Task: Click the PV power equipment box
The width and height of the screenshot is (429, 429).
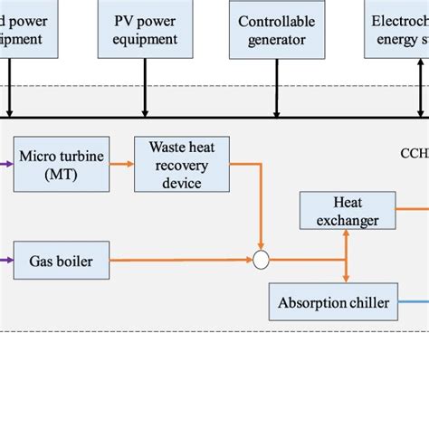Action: coord(144,29)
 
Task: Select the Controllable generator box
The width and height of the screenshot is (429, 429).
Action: coord(276,29)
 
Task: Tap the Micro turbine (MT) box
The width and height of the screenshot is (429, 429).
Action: coord(62,164)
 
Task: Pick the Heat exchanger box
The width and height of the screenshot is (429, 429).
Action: coord(348,209)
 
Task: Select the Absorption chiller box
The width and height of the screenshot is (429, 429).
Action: coord(334,301)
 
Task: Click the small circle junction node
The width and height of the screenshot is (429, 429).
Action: coord(262,261)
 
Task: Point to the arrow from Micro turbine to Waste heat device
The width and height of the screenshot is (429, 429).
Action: coord(120,164)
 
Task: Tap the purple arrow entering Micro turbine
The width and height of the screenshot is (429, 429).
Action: coord(7,164)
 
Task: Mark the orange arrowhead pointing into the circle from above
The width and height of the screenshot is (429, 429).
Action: coord(262,247)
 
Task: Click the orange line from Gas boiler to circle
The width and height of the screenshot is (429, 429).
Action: coord(181,260)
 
